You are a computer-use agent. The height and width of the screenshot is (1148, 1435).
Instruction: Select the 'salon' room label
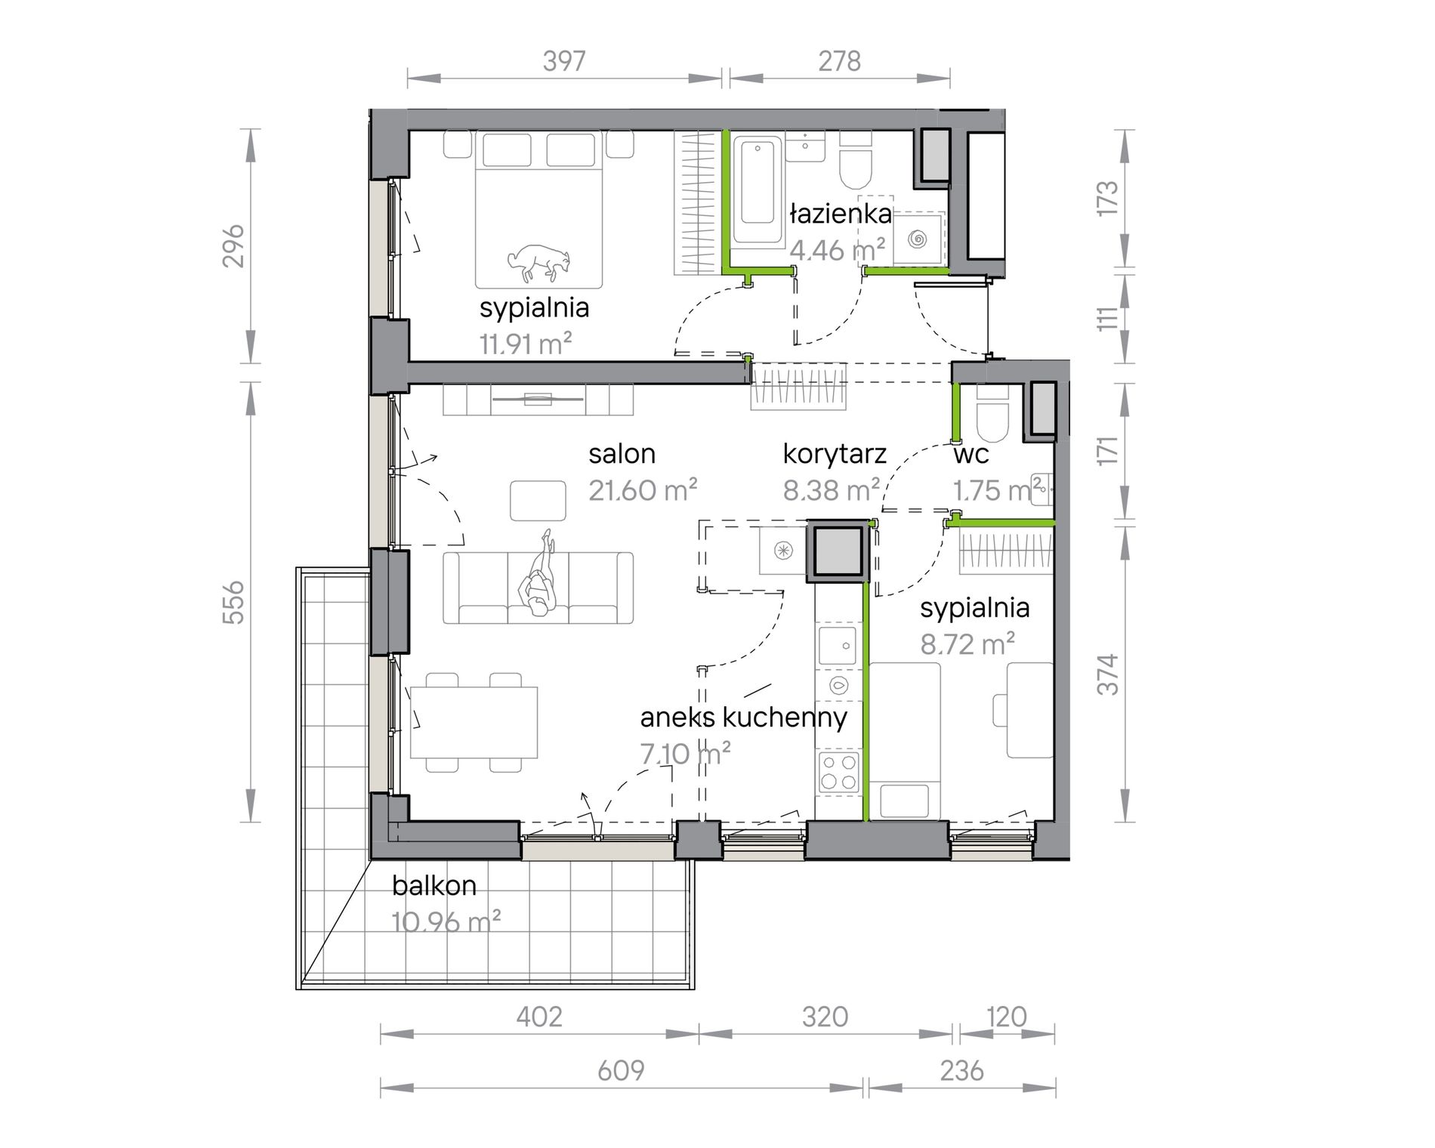(622, 454)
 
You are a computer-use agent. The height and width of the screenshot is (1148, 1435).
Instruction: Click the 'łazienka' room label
(841, 214)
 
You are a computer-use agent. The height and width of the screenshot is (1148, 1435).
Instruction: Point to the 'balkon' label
(434, 885)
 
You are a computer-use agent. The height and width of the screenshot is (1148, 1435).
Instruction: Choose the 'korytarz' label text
(835, 454)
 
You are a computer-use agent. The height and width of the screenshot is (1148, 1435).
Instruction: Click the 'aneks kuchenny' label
(744, 717)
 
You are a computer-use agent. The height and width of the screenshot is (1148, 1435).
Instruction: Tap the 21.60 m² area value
(643, 491)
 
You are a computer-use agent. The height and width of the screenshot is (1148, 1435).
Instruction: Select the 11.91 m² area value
(526, 344)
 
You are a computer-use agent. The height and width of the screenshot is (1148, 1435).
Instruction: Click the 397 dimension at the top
(564, 61)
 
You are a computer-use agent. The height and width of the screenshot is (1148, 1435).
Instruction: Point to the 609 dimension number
(621, 1070)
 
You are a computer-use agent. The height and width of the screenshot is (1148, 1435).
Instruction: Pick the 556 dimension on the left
(235, 602)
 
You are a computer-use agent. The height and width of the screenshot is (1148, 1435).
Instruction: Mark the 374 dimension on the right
(1107, 674)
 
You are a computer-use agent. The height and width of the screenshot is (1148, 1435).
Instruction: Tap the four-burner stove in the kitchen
(839, 771)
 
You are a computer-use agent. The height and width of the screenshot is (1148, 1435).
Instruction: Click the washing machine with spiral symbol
(918, 239)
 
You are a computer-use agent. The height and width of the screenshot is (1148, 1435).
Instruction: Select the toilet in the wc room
(992, 415)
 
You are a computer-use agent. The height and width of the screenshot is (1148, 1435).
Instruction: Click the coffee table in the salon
(538, 501)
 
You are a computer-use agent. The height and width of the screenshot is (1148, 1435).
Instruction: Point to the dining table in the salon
(474, 723)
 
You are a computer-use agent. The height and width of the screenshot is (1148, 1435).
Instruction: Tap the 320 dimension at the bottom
(825, 1017)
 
